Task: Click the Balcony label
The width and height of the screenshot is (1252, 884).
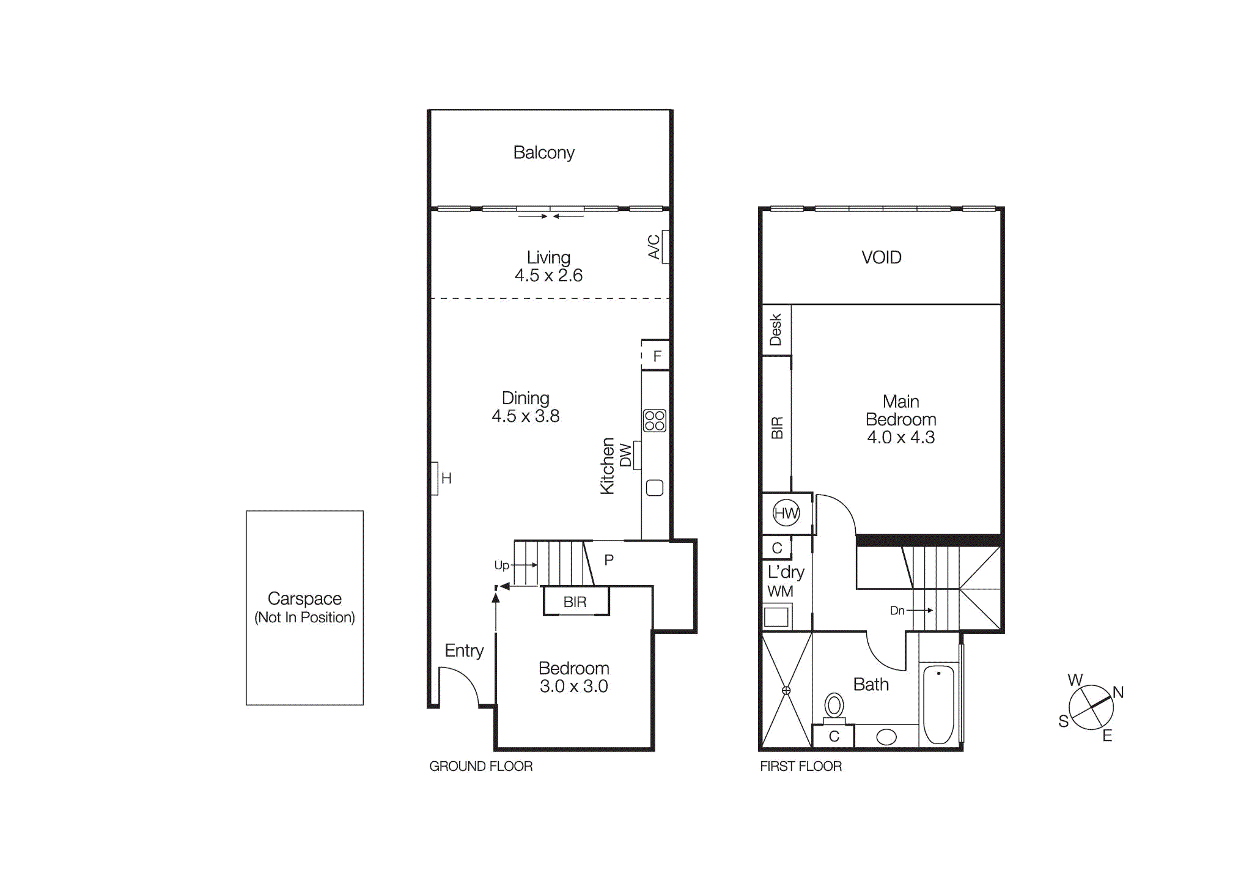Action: [x=543, y=152]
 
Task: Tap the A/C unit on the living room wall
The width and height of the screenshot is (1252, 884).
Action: [x=665, y=246]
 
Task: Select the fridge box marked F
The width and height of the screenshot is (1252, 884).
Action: [x=657, y=356]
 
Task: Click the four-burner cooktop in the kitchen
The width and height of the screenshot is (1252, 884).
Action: [x=654, y=421]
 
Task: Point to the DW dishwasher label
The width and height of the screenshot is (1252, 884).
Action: [x=625, y=455]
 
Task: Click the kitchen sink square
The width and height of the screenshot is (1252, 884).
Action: [x=654, y=487]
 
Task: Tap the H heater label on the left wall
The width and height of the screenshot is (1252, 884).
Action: [x=446, y=478]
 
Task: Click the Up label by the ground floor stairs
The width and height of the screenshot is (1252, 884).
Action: [x=501, y=565]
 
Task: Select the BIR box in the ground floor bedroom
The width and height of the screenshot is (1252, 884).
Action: [x=575, y=602]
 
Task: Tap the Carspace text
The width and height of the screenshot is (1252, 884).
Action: [x=304, y=598]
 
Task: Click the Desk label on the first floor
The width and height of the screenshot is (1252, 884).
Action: [x=776, y=330]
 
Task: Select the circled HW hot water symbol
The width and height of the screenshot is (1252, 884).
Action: [x=786, y=513]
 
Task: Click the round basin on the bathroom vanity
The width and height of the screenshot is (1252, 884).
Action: [x=886, y=737]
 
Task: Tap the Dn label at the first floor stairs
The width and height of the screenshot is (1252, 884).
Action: [x=897, y=610]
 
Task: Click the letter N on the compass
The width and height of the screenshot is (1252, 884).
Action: [x=1118, y=692]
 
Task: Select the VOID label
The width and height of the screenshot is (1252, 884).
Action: [x=881, y=257]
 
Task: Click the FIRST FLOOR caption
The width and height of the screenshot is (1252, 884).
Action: [x=800, y=766]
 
